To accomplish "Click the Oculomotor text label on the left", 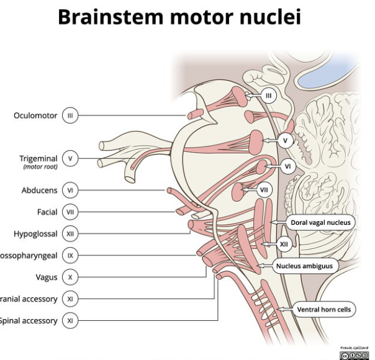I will tap(35, 116).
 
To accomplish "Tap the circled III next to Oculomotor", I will tap(70, 116).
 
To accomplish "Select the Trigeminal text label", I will tap(39, 158).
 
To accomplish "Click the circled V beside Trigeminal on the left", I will tap(70, 159).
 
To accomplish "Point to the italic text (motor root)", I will tap(39, 167).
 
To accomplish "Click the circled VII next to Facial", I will tap(70, 212).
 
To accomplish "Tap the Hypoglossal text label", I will tap(35, 234).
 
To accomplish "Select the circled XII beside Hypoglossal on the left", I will tap(70, 234).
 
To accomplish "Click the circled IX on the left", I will tap(70, 255).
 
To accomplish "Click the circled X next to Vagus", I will tap(70, 277).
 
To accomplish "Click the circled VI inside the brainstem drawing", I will tap(287, 166).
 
